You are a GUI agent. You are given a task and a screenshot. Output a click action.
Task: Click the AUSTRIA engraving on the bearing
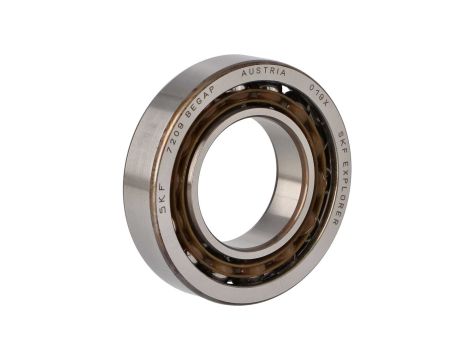point(264,73)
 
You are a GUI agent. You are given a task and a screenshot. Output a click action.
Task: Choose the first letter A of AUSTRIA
point(244,74)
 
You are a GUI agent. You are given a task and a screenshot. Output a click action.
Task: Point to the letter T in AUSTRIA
point(265,73)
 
